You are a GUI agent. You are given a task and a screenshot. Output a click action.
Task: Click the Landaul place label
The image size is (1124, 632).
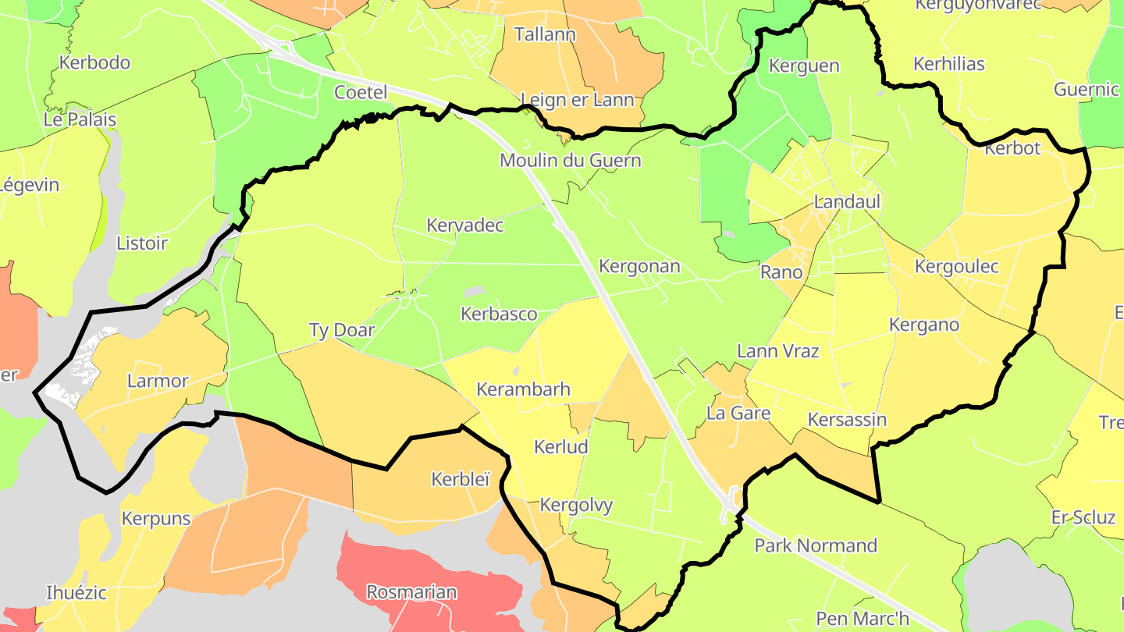point(847,202)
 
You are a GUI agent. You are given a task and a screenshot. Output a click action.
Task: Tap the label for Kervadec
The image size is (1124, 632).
point(465,225)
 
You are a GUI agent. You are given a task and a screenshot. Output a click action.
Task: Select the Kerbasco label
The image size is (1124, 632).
point(499,314)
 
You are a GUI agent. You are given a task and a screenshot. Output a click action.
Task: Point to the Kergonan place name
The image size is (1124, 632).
point(639,266)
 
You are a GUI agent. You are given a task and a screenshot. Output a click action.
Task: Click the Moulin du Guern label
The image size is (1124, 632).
point(570,161)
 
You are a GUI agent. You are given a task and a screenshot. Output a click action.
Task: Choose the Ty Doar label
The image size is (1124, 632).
point(342,330)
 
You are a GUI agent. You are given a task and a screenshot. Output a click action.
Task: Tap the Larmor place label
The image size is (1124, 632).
point(158,382)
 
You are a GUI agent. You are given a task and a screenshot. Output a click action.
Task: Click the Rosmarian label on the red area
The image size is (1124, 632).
point(411,592)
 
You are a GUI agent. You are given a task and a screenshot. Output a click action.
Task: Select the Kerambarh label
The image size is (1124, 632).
point(523,389)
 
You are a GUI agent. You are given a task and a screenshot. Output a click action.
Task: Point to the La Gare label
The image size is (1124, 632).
point(738,413)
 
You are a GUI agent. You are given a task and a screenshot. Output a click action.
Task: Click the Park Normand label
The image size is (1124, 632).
point(816,545)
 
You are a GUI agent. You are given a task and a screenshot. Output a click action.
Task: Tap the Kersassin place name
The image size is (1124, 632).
point(847,420)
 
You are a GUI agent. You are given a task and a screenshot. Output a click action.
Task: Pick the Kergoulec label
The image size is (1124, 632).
point(956,267)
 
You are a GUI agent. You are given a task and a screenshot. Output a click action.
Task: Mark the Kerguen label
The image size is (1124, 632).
point(804,66)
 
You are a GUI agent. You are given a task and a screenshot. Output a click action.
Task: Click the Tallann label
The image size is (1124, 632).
point(545,34)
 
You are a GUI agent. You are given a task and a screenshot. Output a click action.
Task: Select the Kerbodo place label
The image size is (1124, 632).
point(94,62)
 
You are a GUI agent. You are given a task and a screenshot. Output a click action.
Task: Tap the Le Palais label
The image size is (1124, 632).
point(80,119)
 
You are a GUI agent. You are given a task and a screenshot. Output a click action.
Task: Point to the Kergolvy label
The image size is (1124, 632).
point(576,505)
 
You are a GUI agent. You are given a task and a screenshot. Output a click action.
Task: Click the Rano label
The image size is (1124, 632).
point(781,272)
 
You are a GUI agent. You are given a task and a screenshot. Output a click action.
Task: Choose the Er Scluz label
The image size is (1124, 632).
point(1083,517)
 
